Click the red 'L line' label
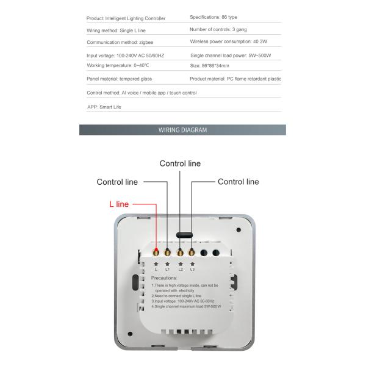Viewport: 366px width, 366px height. (118, 204)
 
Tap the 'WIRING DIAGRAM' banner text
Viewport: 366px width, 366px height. (182, 130)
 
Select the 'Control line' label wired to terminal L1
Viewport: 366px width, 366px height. (117, 182)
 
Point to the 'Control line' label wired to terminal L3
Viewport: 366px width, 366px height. (238, 182)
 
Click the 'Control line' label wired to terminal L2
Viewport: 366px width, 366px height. (180, 163)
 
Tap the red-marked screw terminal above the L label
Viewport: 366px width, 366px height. (156, 252)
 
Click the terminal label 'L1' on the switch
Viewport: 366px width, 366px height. (168, 269)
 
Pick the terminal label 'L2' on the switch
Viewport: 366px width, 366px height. (180, 269)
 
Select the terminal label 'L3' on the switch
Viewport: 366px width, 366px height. (192, 269)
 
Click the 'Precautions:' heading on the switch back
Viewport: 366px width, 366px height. (165, 278)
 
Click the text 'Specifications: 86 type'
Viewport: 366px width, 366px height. (218, 17)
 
